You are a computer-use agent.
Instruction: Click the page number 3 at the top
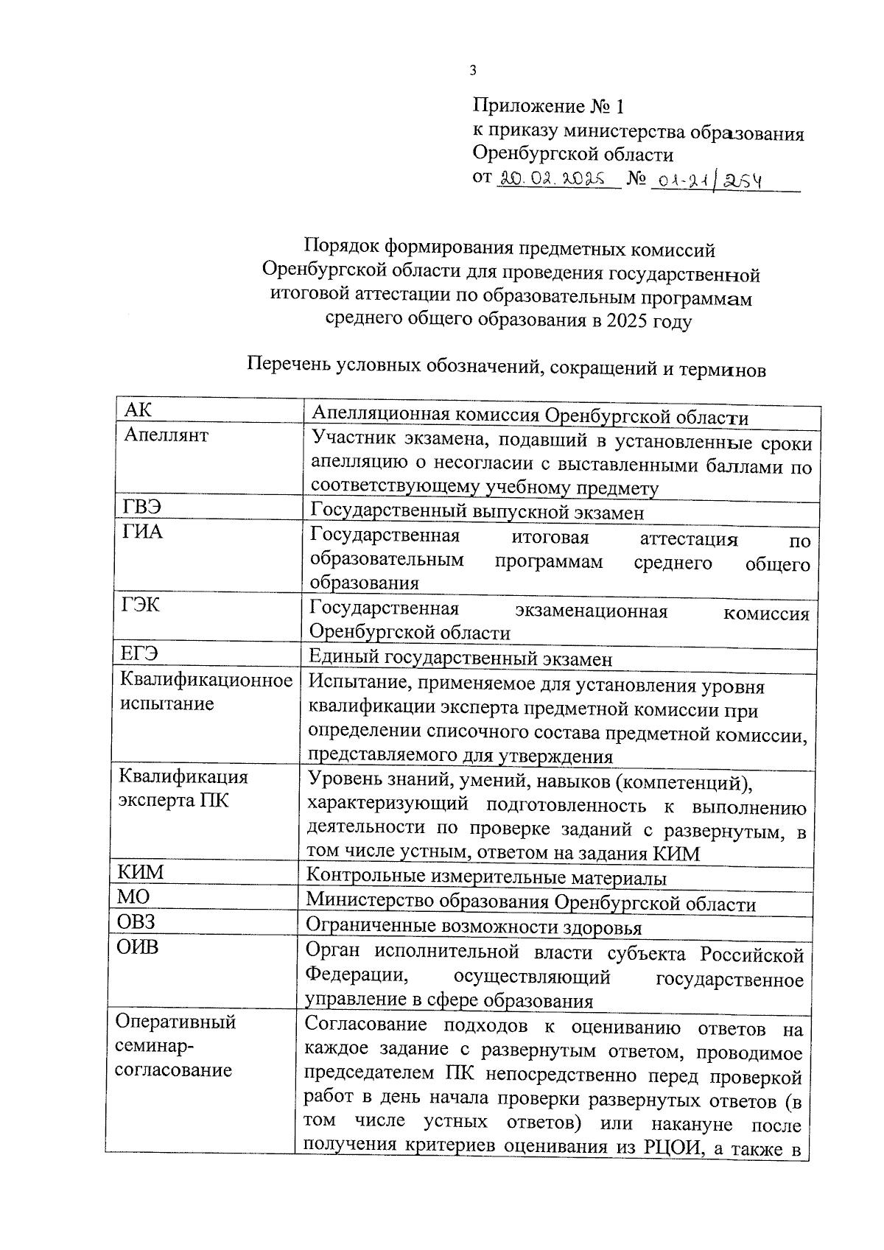[x=473, y=71]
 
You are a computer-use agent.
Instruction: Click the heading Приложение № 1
[x=548, y=108]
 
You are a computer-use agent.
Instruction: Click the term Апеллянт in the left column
[x=166, y=435]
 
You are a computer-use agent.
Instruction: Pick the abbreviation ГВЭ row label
[x=141, y=508]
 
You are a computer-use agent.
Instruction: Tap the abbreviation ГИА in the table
[x=142, y=532]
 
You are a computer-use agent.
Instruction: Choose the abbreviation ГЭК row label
[x=140, y=605]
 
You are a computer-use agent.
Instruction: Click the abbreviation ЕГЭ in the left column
[x=139, y=654]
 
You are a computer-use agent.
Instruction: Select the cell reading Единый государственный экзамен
[x=460, y=659]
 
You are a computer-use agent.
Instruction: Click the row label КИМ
[x=141, y=873]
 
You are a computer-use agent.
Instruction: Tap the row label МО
[x=133, y=897]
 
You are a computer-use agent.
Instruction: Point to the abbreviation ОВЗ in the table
[x=137, y=921]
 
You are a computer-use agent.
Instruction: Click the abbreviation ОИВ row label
[x=138, y=947]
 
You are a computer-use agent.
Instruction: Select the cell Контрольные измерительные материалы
[x=486, y=878]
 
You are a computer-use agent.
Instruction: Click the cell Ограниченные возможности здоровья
[x=474, y=927]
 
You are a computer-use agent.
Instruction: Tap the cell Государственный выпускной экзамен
[x=477, y=512]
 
